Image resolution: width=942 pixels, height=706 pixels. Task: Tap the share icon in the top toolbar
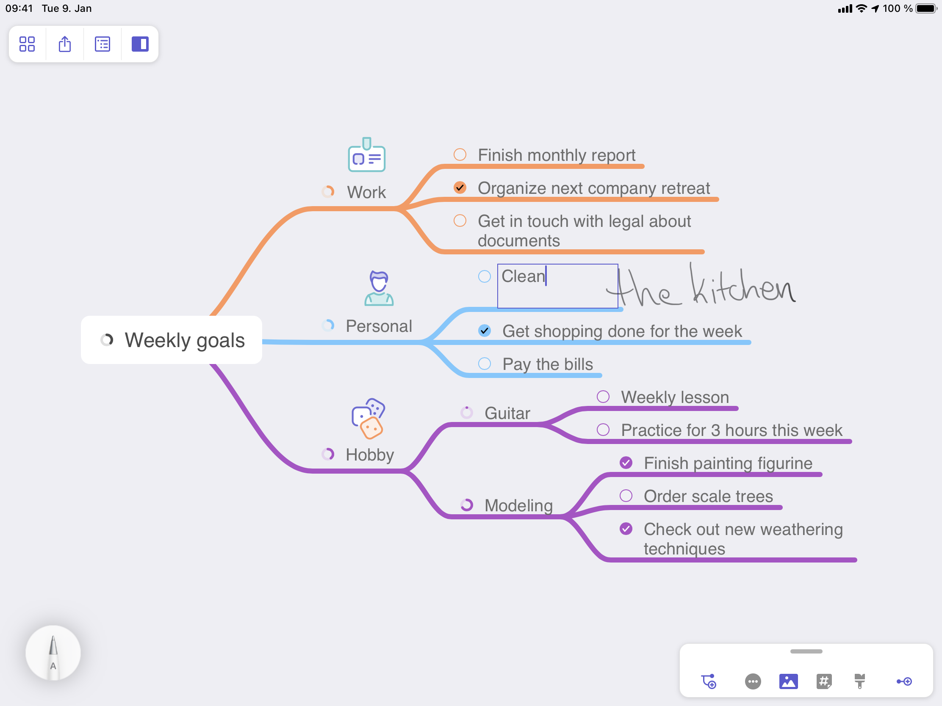(65, 44)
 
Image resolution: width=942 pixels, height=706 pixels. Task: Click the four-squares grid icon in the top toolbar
(27, 44)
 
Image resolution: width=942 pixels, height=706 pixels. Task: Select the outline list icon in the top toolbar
(102, 44)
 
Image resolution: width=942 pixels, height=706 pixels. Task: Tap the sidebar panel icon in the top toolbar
(140, 44)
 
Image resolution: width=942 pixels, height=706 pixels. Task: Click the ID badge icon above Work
(367, 154)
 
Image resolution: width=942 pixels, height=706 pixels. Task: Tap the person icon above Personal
(379, 288)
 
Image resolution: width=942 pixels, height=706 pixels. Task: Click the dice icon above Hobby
(368, 418)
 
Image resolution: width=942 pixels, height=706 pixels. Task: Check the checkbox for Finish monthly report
(460, 154)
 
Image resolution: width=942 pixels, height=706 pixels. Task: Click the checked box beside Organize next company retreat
(460, 188)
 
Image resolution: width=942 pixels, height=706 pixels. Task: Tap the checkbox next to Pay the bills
(485, 364)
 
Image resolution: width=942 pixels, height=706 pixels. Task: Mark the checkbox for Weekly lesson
(603, 397)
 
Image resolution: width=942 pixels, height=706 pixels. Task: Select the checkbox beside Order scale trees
(626, 496)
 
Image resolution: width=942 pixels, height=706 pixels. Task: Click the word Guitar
(507, 413)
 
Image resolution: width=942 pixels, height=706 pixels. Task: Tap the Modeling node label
(519, 505)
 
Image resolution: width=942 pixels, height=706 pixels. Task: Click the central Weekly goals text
(185, 340)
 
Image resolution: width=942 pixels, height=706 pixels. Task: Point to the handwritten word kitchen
(742, 284)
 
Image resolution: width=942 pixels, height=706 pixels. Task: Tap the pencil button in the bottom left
(53, 653)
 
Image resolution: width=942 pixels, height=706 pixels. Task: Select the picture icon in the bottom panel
(789, 681)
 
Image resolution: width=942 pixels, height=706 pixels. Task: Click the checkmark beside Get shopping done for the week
(485, 331)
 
